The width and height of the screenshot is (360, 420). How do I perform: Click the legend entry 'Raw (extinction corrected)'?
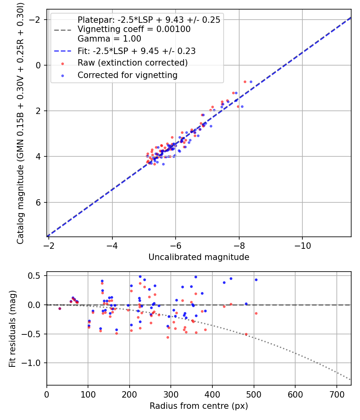(132, 63)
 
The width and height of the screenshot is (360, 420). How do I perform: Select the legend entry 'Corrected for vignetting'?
(127, 75)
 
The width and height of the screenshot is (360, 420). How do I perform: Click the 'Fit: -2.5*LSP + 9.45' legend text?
(136, 51)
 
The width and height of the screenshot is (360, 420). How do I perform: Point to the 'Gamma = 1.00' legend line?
(109, 39)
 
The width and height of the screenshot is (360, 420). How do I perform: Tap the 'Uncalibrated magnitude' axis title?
(199, 257)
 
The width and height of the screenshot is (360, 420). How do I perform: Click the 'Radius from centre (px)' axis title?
(199, 406)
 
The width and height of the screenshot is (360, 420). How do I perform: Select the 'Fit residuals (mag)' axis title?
(12, 328)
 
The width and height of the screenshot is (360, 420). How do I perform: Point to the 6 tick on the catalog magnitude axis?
(39, 202)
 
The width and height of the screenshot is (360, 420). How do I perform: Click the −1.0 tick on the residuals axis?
(35, 363)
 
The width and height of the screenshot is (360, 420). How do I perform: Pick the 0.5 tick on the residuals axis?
(37, 276)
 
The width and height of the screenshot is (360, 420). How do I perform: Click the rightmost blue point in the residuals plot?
(256, 280)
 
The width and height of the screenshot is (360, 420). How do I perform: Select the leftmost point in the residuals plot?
(60, 308)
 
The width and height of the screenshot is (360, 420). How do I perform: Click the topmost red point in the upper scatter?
(245, 82)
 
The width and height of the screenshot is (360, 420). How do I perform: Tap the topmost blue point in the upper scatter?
(251, 82)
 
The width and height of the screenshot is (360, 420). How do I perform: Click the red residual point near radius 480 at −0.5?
(246, 334)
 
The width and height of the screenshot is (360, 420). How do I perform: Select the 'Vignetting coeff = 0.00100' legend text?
(134, 29)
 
